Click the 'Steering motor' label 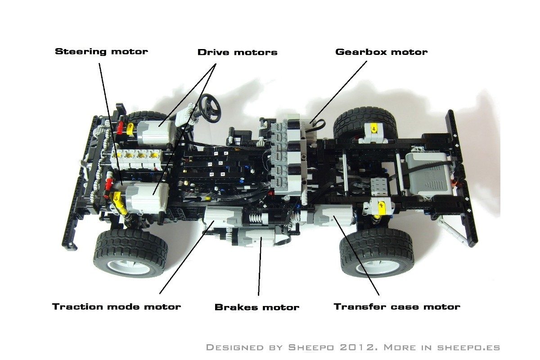[x=101, y=51]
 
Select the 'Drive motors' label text [x=237, y=52]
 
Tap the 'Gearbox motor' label [x=381, y=52]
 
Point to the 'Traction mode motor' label [x=116, y=307]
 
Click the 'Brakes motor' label [x=256, y=308]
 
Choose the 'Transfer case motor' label [x=396, y=307]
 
